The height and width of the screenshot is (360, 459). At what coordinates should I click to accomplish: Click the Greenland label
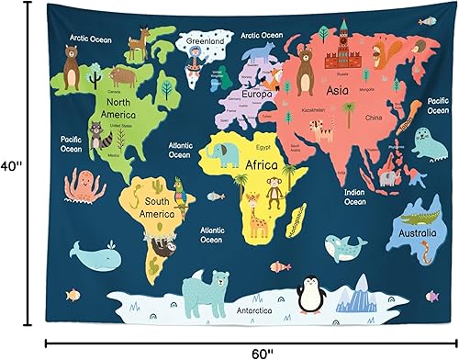point(206,41)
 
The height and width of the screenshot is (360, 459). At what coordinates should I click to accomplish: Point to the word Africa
point(262,165)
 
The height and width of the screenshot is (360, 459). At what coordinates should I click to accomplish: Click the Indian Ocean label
point(354,196)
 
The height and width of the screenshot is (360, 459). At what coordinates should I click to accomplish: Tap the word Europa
point(256,94)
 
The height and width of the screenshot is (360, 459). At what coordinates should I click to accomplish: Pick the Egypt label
point(264,146)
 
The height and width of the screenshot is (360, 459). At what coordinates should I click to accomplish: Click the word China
point(373,118)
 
